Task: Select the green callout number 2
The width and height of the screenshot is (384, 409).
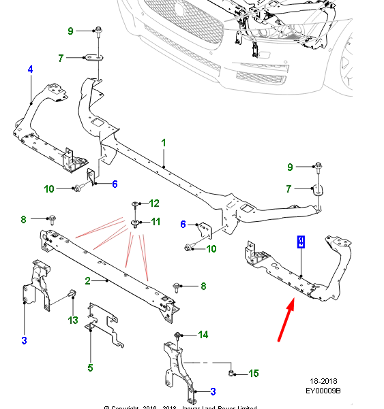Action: point(88,280)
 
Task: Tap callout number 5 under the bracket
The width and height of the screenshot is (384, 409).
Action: point(90,368)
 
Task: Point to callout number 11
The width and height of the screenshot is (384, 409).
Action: point(156,222)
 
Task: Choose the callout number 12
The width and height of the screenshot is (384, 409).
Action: point(154,203)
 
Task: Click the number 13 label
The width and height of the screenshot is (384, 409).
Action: point(73,321)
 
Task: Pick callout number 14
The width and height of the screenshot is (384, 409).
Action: point(203,334)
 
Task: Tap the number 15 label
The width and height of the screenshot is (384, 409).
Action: point(254,373)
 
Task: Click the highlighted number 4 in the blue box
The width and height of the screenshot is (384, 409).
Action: point(301,242)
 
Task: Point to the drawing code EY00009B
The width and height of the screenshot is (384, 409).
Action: point(324,391)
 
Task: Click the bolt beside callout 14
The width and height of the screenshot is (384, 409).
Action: point(179,335)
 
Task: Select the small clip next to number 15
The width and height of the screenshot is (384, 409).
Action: point(233,372)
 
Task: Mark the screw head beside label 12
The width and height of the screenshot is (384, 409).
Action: point(134,203)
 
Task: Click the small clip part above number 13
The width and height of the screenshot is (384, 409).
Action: point(71,295)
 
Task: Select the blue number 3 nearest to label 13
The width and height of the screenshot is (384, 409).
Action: point(24,340)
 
